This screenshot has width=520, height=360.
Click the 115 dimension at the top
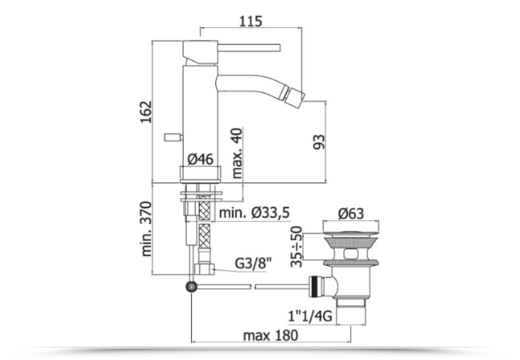coord(251,21)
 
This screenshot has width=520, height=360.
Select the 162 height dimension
coord(146,112)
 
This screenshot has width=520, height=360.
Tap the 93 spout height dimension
coord(320,142)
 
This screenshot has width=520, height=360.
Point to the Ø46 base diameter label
coord(200,159)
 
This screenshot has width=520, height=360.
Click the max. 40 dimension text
coord(237,153)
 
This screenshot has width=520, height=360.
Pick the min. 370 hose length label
coord(146,229)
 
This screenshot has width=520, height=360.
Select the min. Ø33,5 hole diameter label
coord(254,212)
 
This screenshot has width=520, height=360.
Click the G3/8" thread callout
coord(253,263)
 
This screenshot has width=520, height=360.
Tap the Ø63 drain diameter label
coord(351,214)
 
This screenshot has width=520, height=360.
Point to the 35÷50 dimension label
coord(296,247)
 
